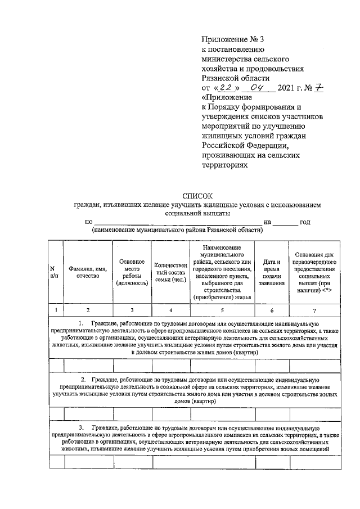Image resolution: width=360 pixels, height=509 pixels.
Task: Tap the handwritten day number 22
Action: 226,88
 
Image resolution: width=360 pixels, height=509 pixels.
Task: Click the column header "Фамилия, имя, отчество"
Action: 87,272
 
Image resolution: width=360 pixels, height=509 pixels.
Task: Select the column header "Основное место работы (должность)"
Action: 132,272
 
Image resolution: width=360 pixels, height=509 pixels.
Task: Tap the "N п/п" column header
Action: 55,272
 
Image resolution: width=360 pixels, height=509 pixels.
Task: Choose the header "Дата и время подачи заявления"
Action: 272,272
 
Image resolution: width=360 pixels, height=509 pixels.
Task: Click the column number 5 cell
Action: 222,310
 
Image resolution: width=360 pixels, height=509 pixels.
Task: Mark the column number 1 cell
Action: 55,310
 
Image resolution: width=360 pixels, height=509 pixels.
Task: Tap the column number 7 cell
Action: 314,310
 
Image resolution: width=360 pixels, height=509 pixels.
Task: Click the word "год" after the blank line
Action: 305,222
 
